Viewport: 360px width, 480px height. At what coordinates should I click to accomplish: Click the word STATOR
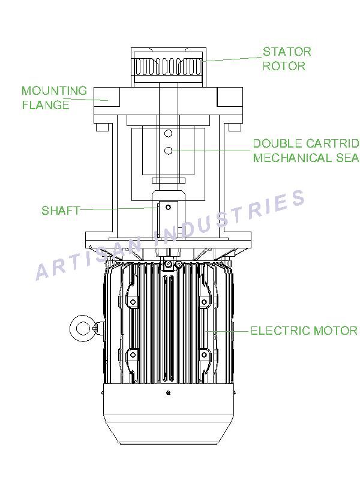point(287,52)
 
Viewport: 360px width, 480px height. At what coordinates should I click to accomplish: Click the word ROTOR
point(284,66)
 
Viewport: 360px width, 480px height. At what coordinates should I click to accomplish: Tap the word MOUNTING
point(54,91)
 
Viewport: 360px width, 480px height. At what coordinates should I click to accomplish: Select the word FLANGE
point(46,105)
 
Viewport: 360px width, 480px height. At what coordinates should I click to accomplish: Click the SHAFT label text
point(61,211)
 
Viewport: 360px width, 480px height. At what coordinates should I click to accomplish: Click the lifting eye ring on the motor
point(71,329)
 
